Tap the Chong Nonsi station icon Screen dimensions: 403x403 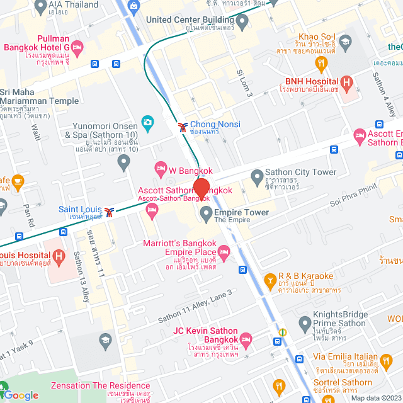183,127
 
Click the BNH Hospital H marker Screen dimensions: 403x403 346,82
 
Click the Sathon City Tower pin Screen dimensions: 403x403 257,176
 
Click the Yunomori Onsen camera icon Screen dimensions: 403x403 147,122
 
